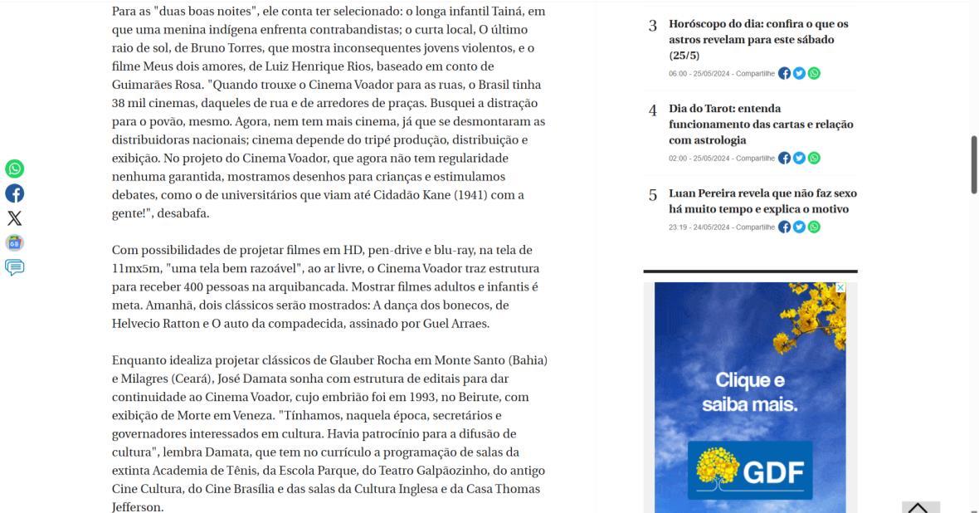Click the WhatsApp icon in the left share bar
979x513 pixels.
pyautogui.click(x=15, y=169)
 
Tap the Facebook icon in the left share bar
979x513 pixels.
pyautogui.click(x=15, y=193)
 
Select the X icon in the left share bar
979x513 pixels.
pyautogui.click(x=15, y=218)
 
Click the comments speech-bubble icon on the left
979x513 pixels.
pyautogui.click(x=15, y=267)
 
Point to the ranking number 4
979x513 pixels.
pyautogui.click(x=653, y=110)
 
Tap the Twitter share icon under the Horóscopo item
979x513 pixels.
pyautogui.click(x=799, y=73)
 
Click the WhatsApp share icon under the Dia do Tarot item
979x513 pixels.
pyautogui.click(x=814, y=158)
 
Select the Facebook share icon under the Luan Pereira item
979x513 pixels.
pyautogui.click(x=784, y=227)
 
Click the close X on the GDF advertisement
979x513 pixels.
pyautogui.click(x=840, y=288)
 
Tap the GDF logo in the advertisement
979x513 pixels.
pyautogui.click(x=750, y=471)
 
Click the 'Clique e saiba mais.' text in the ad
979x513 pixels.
pyautogui.click(x=750, y=393)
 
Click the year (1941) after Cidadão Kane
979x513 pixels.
pyautogui.click(x=470, y=195)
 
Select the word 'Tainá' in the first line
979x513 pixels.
pyautogui.click(x=504, y=12)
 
